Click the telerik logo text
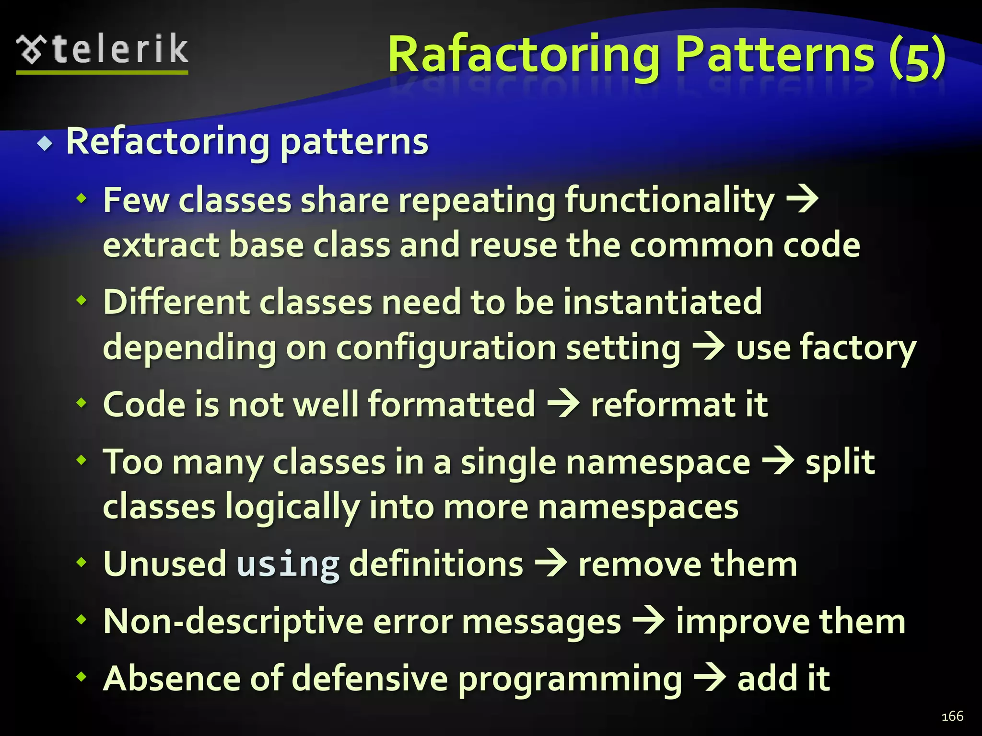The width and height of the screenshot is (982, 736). tap(120, 50)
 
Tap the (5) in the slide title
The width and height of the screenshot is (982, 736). tap(917, 57)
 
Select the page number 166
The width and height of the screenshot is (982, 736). tap(952, 716)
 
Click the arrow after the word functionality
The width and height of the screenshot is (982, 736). tap(802, 200)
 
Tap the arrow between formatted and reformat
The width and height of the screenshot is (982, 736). tap(563, 404)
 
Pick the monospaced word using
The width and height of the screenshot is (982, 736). tap(288, 564)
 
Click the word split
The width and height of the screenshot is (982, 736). tap(840, 462)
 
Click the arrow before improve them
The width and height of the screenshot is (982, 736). tap(649, 621)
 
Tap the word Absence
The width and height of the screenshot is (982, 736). tap(170, 678)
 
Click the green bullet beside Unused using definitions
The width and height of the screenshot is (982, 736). tap(82, 562)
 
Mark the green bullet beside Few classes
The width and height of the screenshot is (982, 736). tap(82, 197)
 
